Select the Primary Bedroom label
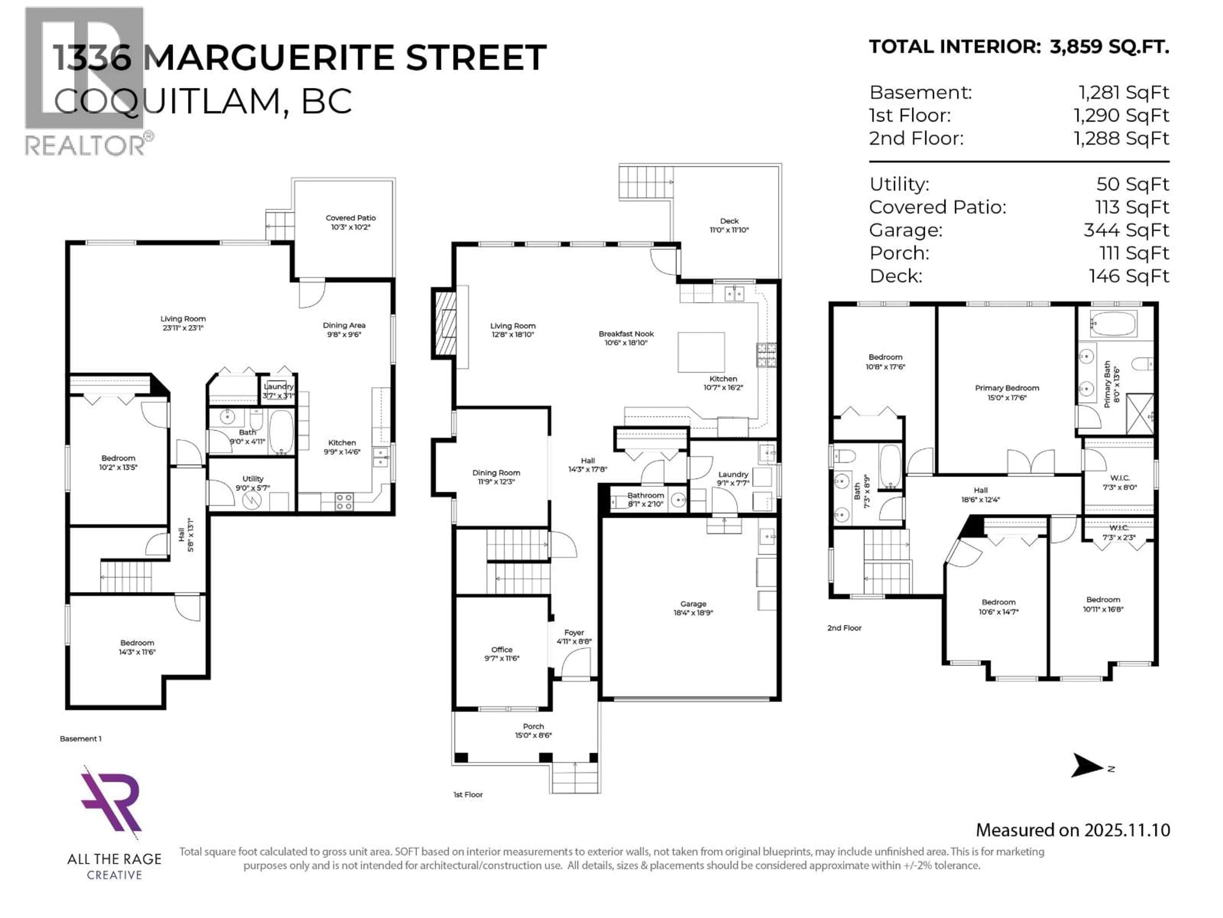tap(1007, 388)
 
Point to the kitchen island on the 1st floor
tap(701, 352)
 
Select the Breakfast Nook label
tap(626, 334)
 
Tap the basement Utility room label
tap(253, 479)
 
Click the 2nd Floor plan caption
tap(844, 628)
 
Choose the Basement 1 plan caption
tap(81, 739)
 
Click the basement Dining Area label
tap(344, 325)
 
